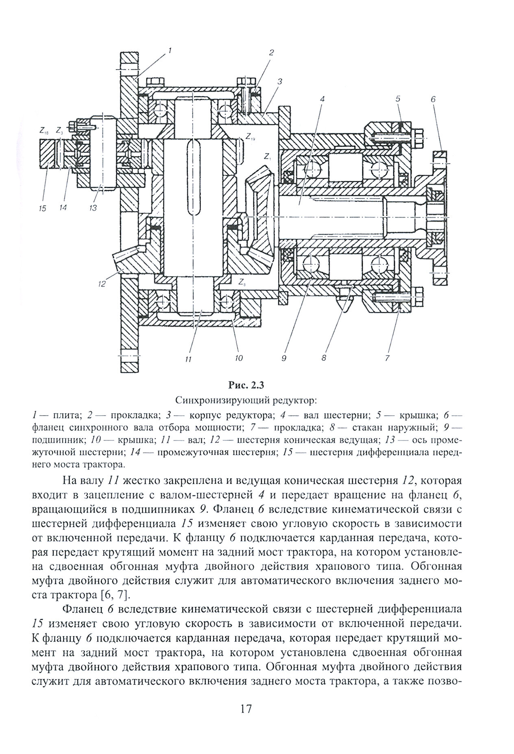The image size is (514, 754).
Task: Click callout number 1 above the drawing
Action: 170,51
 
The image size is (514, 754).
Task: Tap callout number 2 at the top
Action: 271,52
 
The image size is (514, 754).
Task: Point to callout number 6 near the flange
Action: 433,99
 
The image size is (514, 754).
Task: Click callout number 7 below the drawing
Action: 387,358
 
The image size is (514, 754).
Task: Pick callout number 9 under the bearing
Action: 283,358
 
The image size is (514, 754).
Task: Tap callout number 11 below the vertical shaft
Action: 188,359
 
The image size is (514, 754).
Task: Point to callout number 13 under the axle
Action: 93,208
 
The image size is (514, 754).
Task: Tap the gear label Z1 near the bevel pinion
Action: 267,156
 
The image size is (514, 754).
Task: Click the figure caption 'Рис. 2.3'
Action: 247,384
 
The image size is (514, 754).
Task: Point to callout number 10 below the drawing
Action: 238,358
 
